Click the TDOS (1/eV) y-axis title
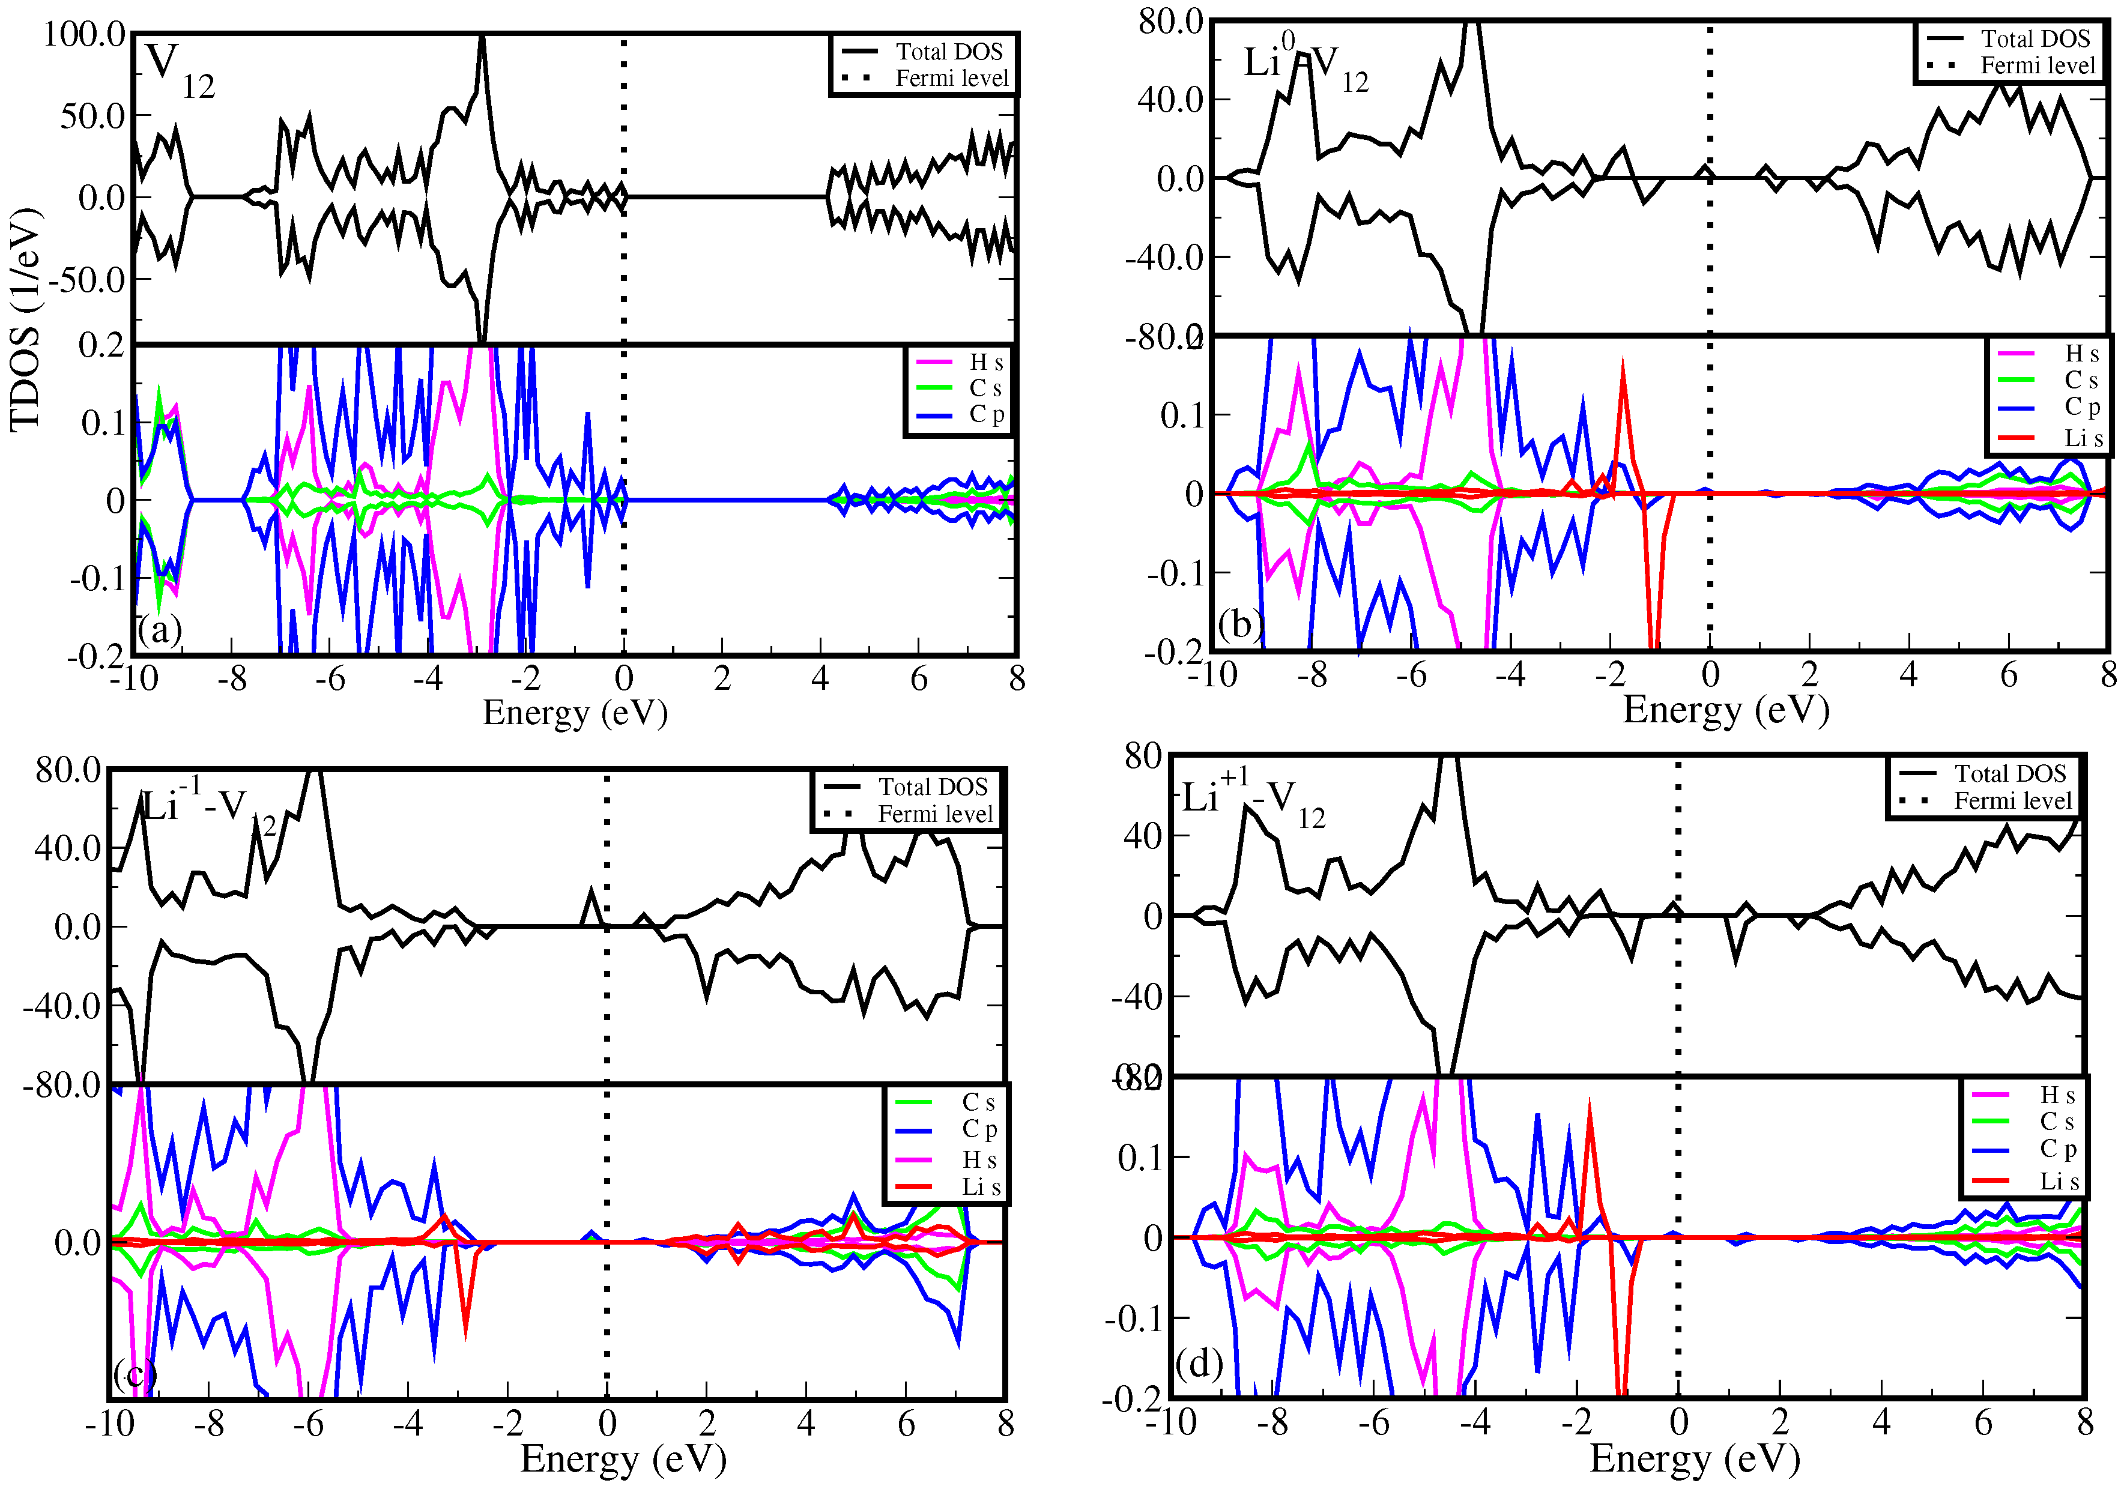[26, 319]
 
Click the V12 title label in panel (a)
[178, 70]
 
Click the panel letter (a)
[159, 631]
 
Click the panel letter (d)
[1199, 1364]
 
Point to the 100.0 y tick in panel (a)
[84, 35]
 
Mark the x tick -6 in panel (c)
[309, 1423]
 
